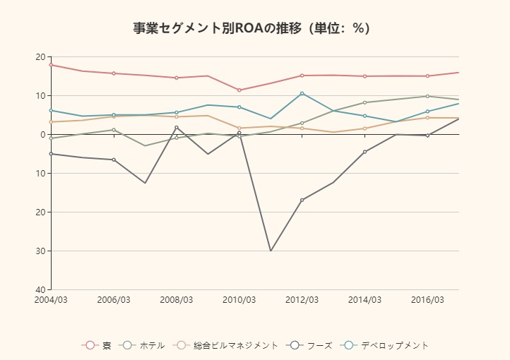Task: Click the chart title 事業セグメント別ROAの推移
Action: coord(251,28)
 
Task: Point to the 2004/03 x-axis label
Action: coord(51,300)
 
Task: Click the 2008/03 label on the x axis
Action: coord(177,300)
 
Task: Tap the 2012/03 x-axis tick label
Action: coord(302,300)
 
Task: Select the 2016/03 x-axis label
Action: coord(427,300)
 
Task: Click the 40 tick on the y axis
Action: coord(40,289)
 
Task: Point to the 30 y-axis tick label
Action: coord(40,251)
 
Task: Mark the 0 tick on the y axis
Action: coord(42,134)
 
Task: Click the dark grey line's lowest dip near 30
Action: coord(271,251)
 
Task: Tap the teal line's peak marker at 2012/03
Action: coord(302,93)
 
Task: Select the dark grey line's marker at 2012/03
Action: coord(302,200)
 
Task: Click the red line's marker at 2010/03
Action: coord(239,90)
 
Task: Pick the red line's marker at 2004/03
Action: coord(51,65)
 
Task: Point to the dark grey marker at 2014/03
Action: coord(364,152)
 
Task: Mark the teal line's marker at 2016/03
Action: coord(427,112)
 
